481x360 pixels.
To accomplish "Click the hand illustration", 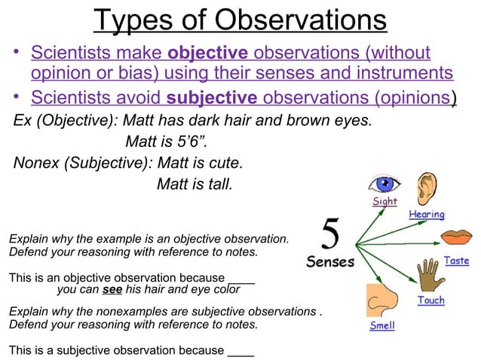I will click(430, 275).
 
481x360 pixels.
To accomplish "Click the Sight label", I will click(385, 202).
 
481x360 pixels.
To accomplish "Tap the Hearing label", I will click(426, 215).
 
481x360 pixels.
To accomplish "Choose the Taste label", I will click(457, 261).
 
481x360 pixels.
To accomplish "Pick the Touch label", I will click(430, 300).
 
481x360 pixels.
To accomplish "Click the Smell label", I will click(381, 326).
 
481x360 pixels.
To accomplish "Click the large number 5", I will click(329, 235).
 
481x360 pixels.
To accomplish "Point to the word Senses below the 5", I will click(330, 263).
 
